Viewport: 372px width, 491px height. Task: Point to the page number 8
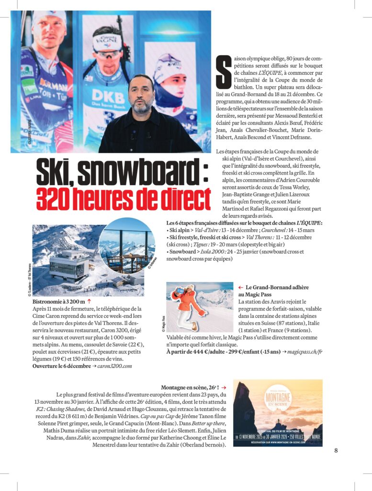(336, 450)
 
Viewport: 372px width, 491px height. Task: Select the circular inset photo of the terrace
(127, 245)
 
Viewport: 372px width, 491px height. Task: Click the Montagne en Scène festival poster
(278, 413)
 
